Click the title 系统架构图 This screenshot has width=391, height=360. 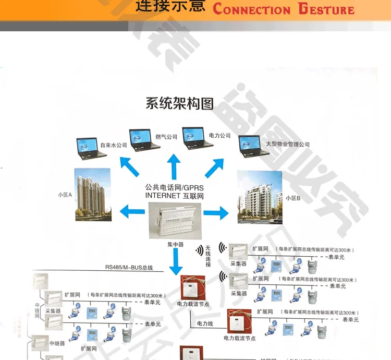[x=179, y=103]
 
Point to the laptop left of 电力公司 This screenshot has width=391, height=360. [x=195, y=137]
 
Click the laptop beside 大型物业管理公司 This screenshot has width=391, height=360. [x=250, y=146]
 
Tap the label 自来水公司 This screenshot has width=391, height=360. [x=113, y=145]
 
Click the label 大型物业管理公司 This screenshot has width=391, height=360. [x=288, y=144]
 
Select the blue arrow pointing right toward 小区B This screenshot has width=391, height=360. [x=216, y=212]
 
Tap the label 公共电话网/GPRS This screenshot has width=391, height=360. [x=174, y=186]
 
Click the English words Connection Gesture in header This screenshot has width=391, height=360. [x=284, y=9]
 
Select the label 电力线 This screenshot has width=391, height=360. [x=205, y=323]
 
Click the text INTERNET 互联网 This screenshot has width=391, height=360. [x=174, y=195]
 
